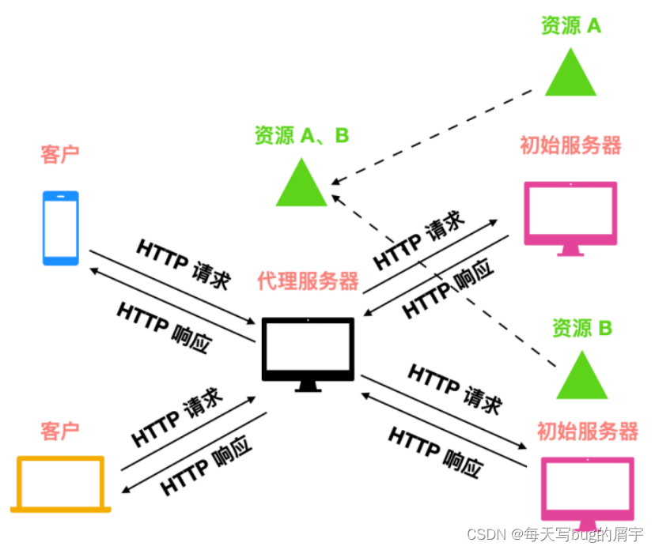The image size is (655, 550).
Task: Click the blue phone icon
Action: (60, 227)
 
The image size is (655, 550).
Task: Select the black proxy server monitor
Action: (308, 353)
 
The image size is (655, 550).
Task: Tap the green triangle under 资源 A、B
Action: (301, 183)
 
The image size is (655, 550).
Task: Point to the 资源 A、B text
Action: (301, 136)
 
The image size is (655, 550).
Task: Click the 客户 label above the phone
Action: (60, 154)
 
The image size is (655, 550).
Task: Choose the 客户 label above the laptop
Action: (60, 431)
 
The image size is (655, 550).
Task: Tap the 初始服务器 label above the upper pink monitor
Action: (570, 145)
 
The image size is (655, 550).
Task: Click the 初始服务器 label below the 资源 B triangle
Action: (587, 431)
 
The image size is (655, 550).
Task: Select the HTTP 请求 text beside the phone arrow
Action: (184, 263)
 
